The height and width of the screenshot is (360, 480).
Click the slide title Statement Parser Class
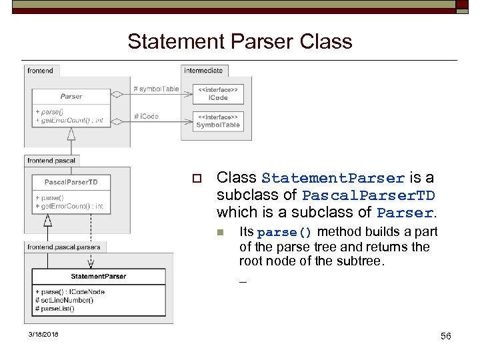pyautogui.click(x=239, y=41)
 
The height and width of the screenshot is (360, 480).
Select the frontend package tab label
pyautogui.click(x=41, y=70)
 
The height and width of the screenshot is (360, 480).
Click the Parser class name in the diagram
pyautogui.click(x=71, y=97)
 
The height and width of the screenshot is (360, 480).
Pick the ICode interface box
pyautogui.click(x=218, y=94)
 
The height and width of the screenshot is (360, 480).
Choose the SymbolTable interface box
pyautogui.click(x=218, y=121)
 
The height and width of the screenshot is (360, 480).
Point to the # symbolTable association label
pyautogui.click(x=156, y=89)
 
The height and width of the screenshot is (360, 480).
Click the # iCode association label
pyautogui.click(x=146, y=116)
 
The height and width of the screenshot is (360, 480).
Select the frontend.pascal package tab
pyautogui.click(x=51, y=161)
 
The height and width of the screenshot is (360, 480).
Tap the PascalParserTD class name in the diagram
pyautogui.click(x=71, y=182)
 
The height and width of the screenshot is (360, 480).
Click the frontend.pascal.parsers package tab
pyautogui.click(x=64, y=247)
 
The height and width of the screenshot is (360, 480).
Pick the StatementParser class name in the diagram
pyautogui.click(x=98, y=276)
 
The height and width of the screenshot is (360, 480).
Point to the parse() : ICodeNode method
pyautogui.click(x=70, y=292)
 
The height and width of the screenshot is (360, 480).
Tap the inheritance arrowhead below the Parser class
pyautogui.click(x=71, y=133)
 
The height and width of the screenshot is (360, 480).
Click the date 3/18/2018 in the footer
pyautogui.click(x=43, y=334)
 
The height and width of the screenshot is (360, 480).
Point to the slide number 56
pyautogui.click(x=445, y=336)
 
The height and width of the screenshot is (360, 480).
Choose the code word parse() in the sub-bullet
pyautogui.click(x=284, y=233)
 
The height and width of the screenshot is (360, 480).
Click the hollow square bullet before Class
pyautogui.click(x=196, y=179)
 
